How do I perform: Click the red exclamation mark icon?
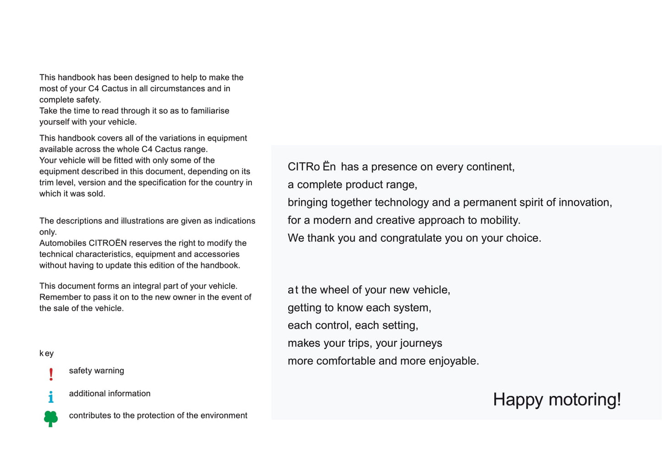coord(51,374)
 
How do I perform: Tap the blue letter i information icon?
coord(51,397)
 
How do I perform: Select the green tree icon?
coord(51,418)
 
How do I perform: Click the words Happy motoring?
coord(557,399)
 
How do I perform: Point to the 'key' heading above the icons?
coord(46,353)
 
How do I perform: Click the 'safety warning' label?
coord(96,371)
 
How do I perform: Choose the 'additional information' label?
coord(109,393)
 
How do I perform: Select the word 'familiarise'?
coord(208,111)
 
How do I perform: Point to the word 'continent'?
coord(489,167)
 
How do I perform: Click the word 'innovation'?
coord(584,202)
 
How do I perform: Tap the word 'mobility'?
coord(499,220)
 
